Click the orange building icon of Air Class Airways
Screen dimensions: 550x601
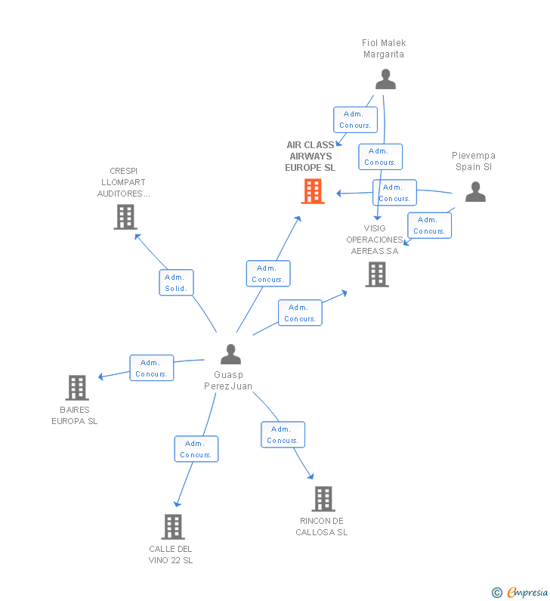(313, 191)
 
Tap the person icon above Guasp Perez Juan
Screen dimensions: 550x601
(230, 354)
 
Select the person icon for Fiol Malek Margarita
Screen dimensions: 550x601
(385, 79)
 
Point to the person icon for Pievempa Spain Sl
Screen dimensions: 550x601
(475, 192)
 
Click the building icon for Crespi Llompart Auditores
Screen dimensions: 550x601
(125, 217)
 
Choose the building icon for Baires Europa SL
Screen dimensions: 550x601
(77, 388)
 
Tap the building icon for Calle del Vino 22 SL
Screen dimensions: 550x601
(173, 527)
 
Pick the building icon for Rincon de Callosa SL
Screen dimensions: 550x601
(323, 499)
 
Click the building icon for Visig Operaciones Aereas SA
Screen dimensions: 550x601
(377, 274)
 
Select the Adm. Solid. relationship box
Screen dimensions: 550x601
(176, 283)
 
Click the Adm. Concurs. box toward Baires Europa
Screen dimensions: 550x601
(152, 368)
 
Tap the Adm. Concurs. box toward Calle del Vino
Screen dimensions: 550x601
(196, 449)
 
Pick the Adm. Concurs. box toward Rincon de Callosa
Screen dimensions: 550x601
(283, 435)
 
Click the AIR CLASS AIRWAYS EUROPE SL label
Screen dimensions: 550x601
(311, 156)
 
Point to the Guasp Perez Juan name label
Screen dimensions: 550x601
(228, 380)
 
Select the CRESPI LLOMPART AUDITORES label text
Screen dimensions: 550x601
(123, 182)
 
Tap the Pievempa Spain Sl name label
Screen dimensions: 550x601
(474, 161)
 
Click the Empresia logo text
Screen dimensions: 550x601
(527, 592)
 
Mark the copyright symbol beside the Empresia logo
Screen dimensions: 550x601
(497, 593)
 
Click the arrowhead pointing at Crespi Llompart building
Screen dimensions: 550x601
(137, 237)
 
